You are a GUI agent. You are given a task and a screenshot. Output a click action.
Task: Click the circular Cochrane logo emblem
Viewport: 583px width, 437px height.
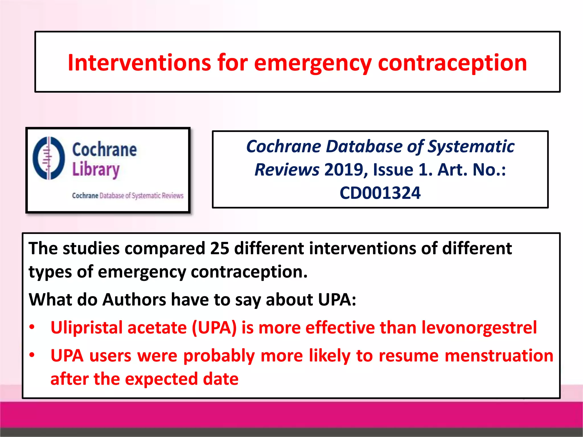(x=49, y=158)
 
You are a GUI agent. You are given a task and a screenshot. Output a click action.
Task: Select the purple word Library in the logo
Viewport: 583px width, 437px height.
(x=96, y=170)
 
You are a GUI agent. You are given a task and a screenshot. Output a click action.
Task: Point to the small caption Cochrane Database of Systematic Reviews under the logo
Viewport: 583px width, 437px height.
(x=128, y=196)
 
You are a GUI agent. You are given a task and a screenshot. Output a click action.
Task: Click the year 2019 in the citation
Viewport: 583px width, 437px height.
(x=344, y=170)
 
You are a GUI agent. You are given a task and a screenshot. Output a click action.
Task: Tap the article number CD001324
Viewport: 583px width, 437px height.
(x=380, y=193)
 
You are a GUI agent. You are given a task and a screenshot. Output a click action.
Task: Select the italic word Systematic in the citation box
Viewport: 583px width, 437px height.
(x=471, y=147)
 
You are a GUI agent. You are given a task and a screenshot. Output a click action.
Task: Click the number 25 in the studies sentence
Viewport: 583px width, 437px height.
(x=219, y=248)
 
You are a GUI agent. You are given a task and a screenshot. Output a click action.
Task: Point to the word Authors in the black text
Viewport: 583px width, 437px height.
(x=134, y=300)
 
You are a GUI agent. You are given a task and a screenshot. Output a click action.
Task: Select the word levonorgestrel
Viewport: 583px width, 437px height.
(x=479, y=328)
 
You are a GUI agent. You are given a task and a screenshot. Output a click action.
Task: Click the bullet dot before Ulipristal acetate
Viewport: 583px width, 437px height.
(x=32, y=327)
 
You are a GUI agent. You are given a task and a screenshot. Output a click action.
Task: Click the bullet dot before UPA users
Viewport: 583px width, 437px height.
(x=32, y=355)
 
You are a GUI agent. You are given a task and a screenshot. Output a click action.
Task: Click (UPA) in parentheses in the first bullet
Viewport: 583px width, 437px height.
(x=214, y=328)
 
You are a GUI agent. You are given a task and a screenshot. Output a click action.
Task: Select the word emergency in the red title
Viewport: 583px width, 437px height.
(x=313, y=63)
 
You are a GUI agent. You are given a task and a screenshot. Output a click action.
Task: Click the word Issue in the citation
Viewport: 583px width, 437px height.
(x=393, y=170)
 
